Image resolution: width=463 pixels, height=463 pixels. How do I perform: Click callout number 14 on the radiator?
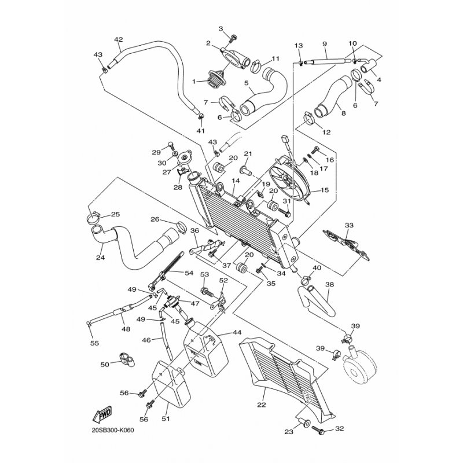tap(236, 181)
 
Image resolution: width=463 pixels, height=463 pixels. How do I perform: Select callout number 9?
tap(325, 44)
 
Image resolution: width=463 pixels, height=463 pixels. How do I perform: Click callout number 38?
tap(329, 284)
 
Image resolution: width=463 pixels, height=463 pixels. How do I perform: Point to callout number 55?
tap(94, 343)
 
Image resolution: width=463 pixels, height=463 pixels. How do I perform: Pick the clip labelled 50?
tap(124, 360)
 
